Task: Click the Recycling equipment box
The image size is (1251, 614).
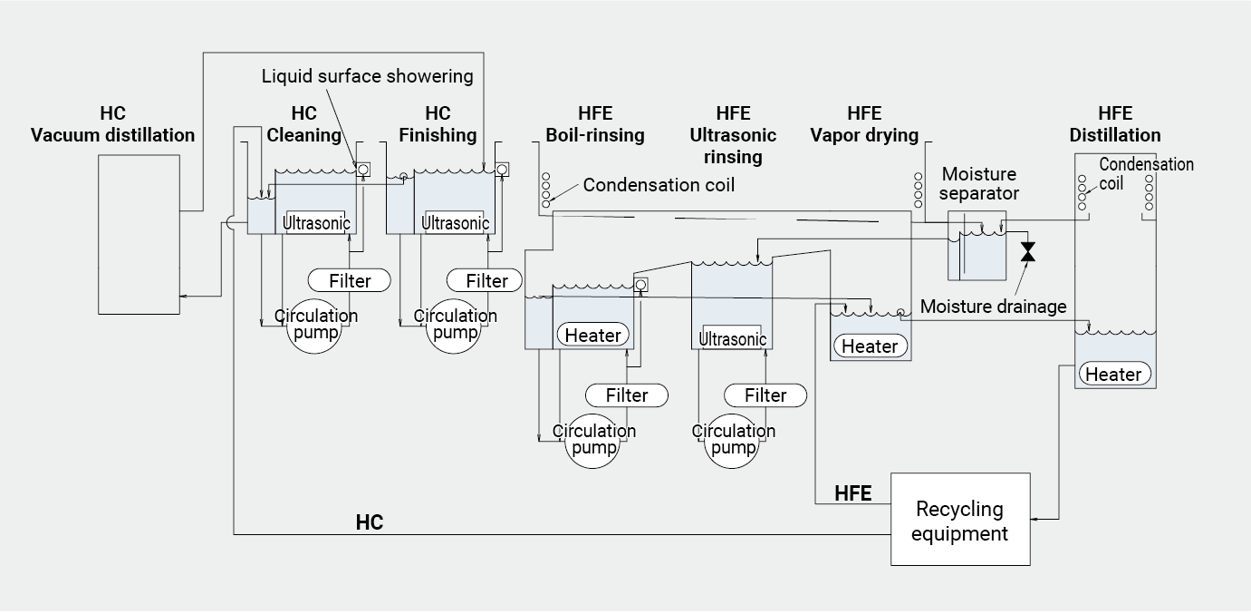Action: point(959,520)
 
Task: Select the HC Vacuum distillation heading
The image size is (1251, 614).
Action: point(113,124)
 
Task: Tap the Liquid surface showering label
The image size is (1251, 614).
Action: point(367,75)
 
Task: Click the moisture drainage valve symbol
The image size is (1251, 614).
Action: point(1027,251)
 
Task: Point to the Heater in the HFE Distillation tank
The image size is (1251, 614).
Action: point(1113,374)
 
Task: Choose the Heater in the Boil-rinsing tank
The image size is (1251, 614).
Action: point(593,336)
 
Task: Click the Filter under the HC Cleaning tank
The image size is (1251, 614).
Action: point(350,280)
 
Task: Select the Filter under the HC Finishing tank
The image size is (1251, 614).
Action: point(486,280)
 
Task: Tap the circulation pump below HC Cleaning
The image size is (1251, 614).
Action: point(315,326)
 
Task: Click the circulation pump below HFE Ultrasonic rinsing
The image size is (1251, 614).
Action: point(733,440)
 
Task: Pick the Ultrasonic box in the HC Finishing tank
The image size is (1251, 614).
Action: point(455,223)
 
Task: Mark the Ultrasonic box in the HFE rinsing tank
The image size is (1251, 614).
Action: point(733,339)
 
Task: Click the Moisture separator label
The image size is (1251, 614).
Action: point(979,183)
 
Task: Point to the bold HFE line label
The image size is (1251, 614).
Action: point(852,493)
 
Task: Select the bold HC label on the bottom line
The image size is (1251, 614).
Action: point(369,523)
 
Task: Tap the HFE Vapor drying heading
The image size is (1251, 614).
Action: point(864,124)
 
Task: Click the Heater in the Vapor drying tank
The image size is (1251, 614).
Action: point(870,346)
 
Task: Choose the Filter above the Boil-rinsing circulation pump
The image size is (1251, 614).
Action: point(627,395)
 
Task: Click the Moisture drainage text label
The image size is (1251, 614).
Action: point(993,307)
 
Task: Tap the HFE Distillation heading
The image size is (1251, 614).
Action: point(1114,124)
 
